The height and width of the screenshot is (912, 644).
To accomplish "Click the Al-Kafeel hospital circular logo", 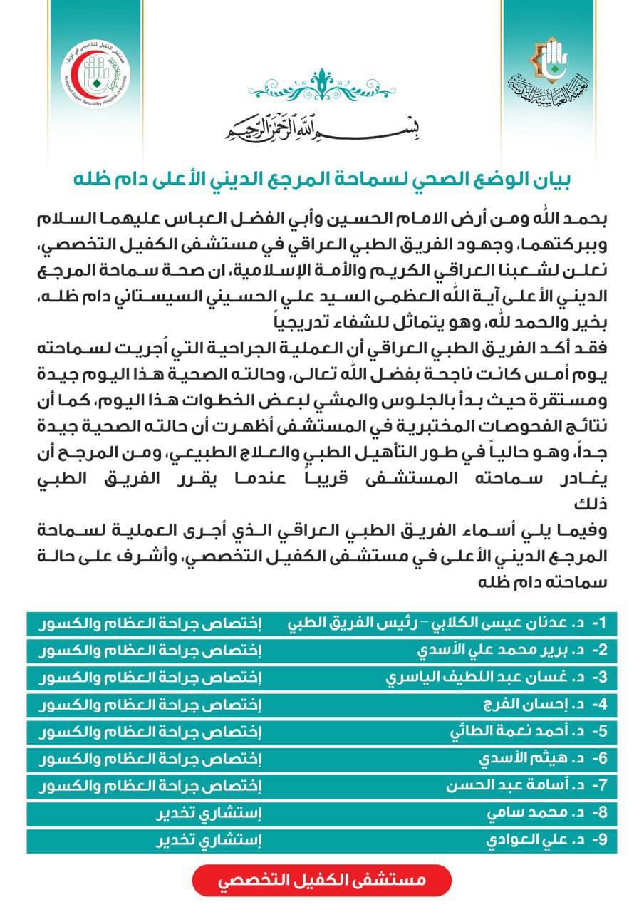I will (x=95, y=74).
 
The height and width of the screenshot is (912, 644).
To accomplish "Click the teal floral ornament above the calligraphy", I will (x=322, y=88).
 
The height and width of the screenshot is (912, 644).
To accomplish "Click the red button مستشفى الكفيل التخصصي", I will (x=321, y=880).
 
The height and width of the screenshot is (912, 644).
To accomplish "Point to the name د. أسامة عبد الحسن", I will (x=503, y=786).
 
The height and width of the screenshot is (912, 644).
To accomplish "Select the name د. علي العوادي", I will (x=527, y=840).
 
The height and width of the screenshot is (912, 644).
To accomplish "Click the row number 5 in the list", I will (x=603, y=732).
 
